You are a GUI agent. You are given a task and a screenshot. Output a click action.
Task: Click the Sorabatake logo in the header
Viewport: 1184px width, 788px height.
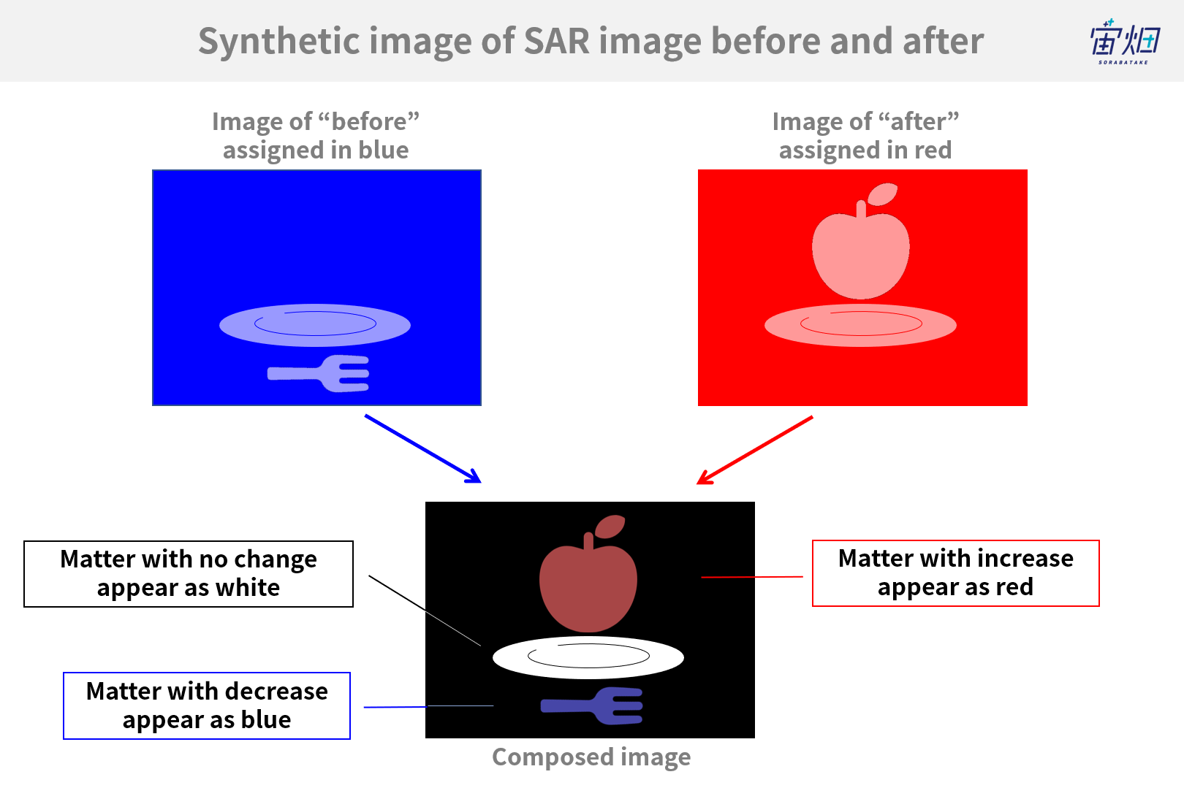[1124, 42]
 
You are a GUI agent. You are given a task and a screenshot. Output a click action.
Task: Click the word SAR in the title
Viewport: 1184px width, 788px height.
[557, 41]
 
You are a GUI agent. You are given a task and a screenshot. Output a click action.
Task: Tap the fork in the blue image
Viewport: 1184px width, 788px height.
[318, 373]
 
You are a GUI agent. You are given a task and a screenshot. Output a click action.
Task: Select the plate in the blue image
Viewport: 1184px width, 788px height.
[315, 325]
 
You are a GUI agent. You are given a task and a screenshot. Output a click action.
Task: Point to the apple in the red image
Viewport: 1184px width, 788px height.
[860, 249]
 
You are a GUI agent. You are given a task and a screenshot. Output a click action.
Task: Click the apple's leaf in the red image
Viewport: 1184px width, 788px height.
[883, 194]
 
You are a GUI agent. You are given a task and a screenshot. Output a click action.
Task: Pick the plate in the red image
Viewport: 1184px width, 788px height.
[860, 325]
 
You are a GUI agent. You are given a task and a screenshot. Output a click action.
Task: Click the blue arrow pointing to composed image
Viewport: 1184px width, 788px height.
[423, 449]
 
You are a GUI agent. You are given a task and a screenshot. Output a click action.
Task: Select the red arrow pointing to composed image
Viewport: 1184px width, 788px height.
[755, 450]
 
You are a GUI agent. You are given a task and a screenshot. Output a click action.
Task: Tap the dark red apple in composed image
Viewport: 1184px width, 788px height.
[588, 581]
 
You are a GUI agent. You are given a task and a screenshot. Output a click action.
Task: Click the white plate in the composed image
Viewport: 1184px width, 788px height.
[588, 657]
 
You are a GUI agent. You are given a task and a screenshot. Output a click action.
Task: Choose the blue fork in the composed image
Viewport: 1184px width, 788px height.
[592, 705]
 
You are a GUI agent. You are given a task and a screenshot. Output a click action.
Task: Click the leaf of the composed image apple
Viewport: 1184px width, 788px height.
[610, 527]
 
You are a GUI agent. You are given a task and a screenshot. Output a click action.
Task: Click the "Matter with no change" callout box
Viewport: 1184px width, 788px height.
[188, 574]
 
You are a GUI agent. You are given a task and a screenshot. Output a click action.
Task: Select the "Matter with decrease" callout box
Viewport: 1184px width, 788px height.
[207, 705]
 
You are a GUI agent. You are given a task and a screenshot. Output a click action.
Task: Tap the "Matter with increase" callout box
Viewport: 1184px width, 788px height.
[956, 573]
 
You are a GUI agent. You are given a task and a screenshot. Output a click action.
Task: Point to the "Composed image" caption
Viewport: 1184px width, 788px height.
[591, 757]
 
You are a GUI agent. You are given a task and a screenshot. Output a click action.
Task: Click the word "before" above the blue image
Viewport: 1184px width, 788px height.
[368, 121]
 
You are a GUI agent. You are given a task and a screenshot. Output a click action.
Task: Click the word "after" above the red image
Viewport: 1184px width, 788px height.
[919, 121]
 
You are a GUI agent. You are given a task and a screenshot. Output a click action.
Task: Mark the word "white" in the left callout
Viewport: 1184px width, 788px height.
[247, 587]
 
